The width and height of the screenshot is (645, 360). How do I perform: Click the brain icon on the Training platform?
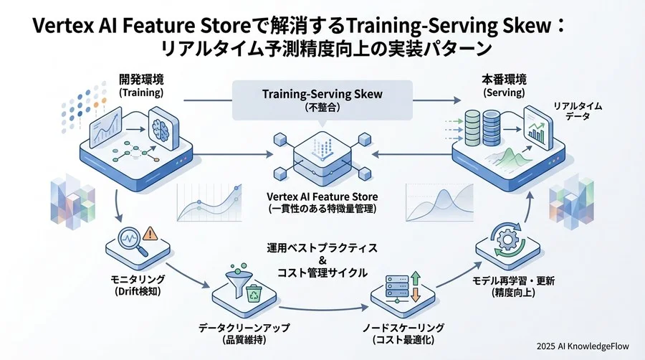click(163, 123)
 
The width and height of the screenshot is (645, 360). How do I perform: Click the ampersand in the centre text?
click(322, 260)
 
